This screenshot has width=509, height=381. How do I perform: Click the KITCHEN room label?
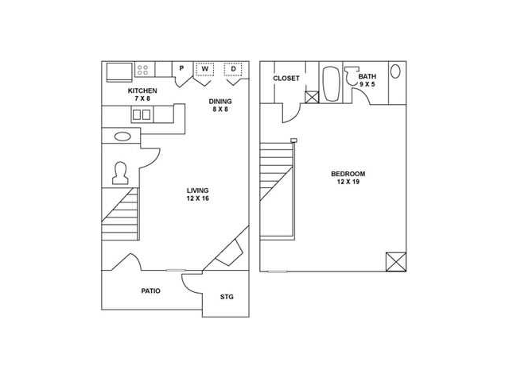point(142,90)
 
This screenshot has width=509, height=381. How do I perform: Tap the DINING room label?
point(220,102)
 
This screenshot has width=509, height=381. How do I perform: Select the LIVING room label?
point(197,190)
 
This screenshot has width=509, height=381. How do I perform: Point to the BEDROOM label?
point(348,174)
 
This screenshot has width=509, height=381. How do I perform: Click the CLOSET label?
point(286,79)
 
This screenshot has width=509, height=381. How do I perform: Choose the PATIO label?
point(150,291)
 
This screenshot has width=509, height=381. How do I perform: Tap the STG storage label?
point(227,297)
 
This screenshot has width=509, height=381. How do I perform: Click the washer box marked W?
point(205,69)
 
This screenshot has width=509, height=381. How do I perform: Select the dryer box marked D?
point(233,69)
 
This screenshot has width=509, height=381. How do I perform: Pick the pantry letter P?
point(181,68)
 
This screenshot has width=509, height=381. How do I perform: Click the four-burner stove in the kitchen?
point(145,69)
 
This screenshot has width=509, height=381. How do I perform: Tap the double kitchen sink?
point(142,115)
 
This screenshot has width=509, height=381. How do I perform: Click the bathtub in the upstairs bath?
point(331,84)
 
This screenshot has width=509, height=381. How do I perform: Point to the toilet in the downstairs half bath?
point(120,173)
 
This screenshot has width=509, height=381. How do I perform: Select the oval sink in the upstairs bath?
point(395,71)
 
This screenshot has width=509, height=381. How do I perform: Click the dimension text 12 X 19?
point(348,182)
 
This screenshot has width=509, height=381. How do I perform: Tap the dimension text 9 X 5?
point(367,84)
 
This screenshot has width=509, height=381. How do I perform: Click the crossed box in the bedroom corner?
point(396,262)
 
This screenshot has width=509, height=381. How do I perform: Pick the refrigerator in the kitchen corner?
point(119,72)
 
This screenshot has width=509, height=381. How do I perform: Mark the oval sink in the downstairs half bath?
point(122,137)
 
